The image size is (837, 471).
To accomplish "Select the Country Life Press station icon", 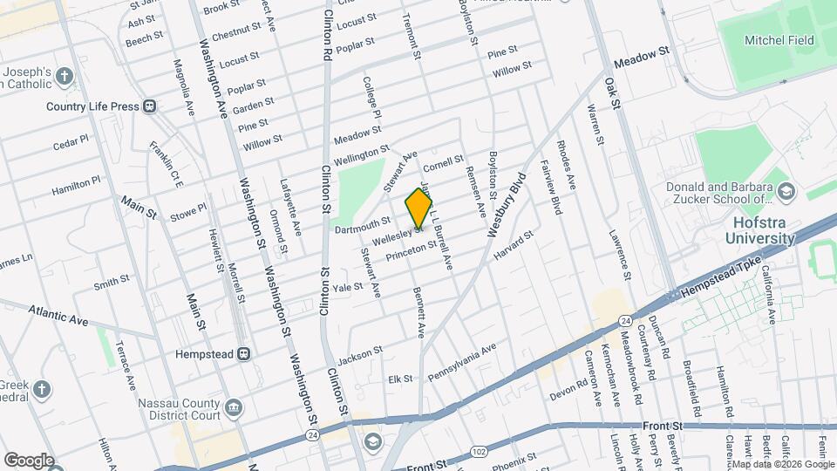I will [x=149, y=106].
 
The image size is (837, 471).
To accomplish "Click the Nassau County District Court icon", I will [x=233, y=407].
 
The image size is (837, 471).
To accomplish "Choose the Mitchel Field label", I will [x=779, y=40].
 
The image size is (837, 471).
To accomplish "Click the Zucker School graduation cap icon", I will [x=786, y=192].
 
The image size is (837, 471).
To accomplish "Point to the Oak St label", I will [x=613, y=92].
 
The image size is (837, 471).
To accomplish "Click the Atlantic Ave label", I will [x=58, y=315].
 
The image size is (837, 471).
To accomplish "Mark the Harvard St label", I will [x=513, y=246].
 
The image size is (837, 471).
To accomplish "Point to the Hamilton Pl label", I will [x=76, y=185].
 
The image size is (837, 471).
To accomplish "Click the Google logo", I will [x=29, y=460].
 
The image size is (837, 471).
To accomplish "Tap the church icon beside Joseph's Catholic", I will [x=65, y=77].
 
